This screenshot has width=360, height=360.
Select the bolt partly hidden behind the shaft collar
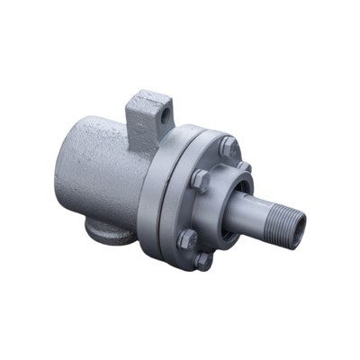click(x=243, y=166)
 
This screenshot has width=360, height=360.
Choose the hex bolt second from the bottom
click(x=187, y=239)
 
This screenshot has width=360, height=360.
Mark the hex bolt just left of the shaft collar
click(x=200, y=179)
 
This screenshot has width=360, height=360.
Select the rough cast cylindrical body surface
click(x=99, y=171)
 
